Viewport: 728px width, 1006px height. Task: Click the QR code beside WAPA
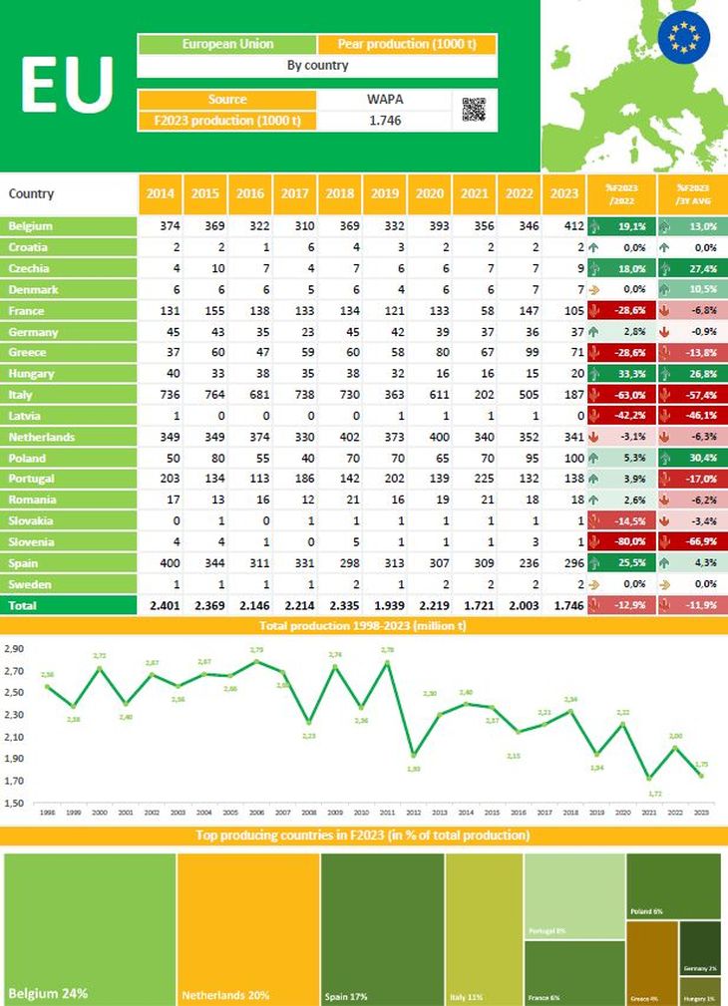pyautogui.click(x=475, y=110)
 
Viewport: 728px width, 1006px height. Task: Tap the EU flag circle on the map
pyautogui.click(x=686, y=35)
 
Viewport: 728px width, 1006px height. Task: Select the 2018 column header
pyautogui.click(x=339, y=193)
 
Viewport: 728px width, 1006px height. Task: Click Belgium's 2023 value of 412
pyautogui.click(x=562, y=226)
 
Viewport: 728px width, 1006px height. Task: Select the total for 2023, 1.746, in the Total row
pyautogui.click(x=561, y=605)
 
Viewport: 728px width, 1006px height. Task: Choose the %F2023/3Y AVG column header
pyautogui.click(x=692, y=193)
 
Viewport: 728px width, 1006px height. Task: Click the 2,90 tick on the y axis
pyautogui.click(x=16, y=648)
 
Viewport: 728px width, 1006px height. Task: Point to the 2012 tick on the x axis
pyautogui.click(x=414, y=813)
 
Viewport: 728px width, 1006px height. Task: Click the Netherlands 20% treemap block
pyautogui.click(x=247, y=927)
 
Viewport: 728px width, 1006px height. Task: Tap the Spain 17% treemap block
pyautogui.click(x=382, y=927)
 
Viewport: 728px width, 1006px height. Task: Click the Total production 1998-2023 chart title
pyautogui.click(x=364, y=625)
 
